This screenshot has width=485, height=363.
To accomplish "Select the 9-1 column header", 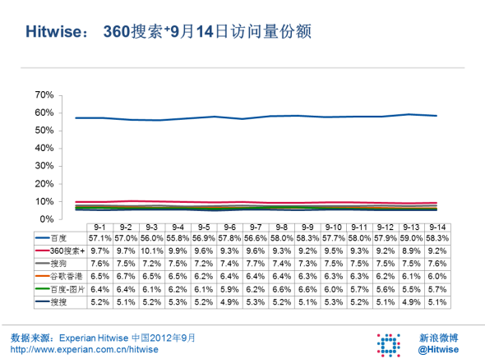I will [99, 227].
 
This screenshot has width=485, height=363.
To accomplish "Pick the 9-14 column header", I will [437, 227].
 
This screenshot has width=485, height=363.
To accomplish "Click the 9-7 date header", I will [256, 227].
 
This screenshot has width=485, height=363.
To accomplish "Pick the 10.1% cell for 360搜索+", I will [151, 250].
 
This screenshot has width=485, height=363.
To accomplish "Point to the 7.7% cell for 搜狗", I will [256, 263].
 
